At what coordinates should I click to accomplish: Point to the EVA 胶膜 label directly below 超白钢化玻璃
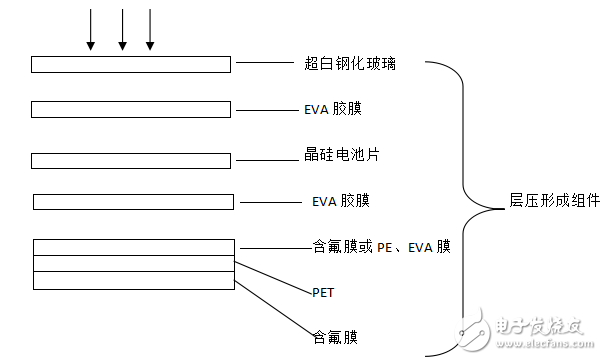pos(338,109)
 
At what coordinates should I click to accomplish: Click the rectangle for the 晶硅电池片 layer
pos(131,160)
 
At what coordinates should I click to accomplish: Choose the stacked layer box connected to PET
pos(133,263)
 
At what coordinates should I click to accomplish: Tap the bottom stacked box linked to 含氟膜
pos(133,281)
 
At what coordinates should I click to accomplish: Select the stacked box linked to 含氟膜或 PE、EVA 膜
pos(133,246)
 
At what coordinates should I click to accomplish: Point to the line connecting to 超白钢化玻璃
pos(264,63)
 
